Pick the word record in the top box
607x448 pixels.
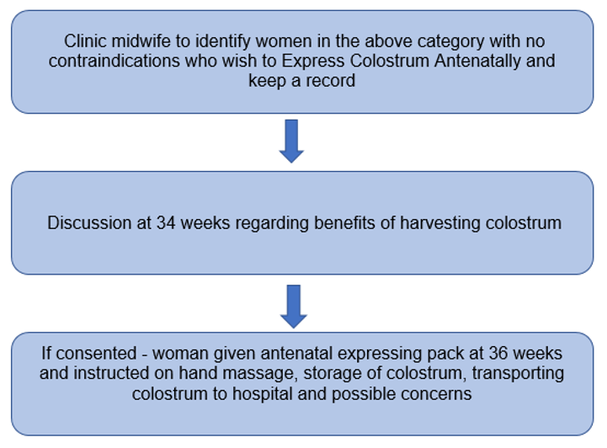click(x=337, y=82)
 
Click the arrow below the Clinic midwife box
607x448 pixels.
click(x=291, y=141)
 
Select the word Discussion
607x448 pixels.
click(x=88, y=223)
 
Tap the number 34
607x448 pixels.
click(x=166, y=223)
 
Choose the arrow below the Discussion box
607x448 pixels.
click(x=291, y=305)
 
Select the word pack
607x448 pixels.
click(x=439, y=352)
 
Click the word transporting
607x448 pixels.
click(x=514, y=372)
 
